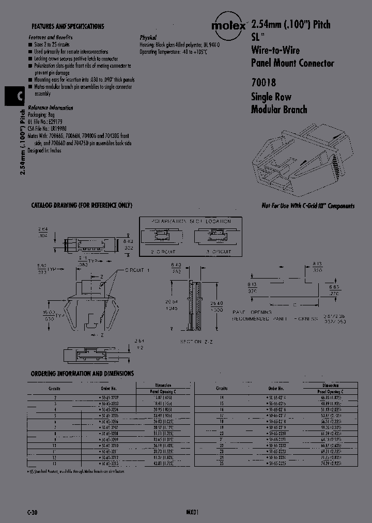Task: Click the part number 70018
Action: pyautogui.click(x=263, y=82)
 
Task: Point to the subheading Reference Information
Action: pyautogui.click(x=51, y=108)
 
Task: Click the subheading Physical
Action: pyautogui.click(x=148, y=38)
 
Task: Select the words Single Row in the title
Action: pyautogui.click(x=271, y=97)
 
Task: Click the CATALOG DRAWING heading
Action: pyautogui.click(x=82, y=205)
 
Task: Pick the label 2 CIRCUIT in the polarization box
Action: pyautogui.click(x=162, y=252)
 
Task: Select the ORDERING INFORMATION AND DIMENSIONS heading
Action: pyautogui.click(x=82, y=373)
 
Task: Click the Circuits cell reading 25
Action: pyautogui.click(x=222, y=463)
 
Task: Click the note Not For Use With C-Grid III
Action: pyautogui.click(x=308, y=206)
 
